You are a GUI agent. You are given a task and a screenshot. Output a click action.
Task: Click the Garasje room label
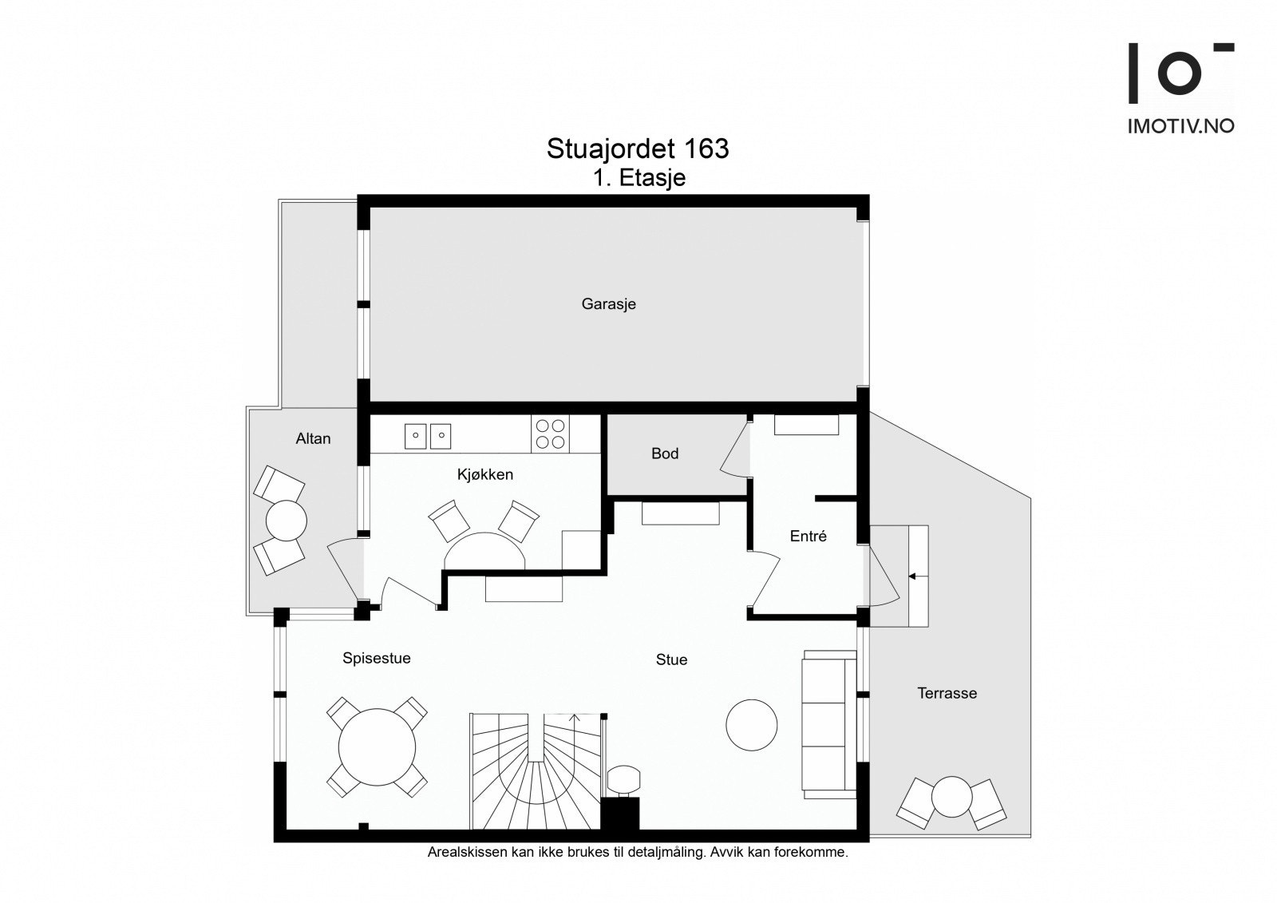click(608, 304)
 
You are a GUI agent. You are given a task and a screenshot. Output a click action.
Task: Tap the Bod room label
click(665, 453)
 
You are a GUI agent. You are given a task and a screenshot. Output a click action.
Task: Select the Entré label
click(808, 536)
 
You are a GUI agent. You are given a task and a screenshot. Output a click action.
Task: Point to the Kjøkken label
click(485, 474)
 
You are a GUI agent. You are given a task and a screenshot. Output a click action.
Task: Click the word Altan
click(313, 438)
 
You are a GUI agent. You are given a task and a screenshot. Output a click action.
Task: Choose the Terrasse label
click(947, 693)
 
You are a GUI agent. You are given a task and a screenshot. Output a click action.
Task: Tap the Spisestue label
click(376, 658)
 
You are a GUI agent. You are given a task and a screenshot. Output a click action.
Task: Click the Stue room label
click(671, 660)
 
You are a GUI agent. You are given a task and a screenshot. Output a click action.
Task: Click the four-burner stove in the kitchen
click(550, 434)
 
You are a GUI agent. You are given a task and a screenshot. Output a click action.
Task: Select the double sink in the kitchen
click(428, 436)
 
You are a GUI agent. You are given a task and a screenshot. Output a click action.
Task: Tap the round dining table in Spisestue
click(377, 747)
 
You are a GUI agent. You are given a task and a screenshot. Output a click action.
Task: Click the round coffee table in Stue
click(751, 725)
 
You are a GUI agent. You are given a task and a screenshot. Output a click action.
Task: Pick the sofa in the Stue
click(829, 724)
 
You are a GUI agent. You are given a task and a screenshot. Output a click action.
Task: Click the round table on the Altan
click(287, 521)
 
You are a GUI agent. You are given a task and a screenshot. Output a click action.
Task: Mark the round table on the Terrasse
click(951, 797)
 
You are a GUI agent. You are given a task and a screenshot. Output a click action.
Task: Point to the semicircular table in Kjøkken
click(484, 551)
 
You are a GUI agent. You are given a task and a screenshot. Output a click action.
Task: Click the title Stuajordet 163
click(638, 149)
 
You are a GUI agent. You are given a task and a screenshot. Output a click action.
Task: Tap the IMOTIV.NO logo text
click(1180, 126)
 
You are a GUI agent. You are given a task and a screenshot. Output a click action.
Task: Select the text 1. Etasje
click(639, 178)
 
